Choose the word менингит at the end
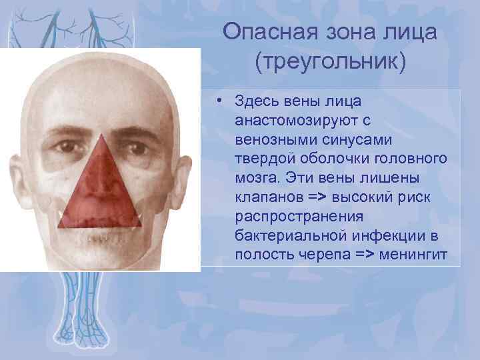[x=416, y=256]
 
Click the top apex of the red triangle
[x=101, y=134]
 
